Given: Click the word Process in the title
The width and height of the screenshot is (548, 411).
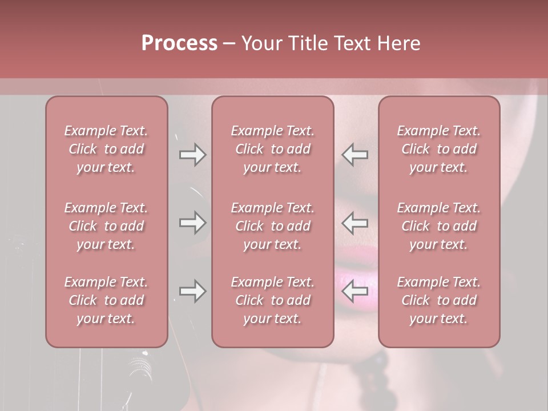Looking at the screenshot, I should click(179, 43).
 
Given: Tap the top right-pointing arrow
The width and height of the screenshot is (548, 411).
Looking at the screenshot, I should click(192, 154).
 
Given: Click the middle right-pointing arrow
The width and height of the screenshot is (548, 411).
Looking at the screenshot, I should click(192, 222).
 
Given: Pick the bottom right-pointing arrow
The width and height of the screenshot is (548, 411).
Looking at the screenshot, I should click(192, 291).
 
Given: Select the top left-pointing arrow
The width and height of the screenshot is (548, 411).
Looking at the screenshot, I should click(355, 154).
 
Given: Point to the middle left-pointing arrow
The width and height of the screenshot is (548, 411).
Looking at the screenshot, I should click(355, 222).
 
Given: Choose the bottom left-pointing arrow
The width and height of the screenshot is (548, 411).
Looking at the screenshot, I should click(355, 291).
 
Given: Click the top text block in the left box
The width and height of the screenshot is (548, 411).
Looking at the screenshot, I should click(106, 149).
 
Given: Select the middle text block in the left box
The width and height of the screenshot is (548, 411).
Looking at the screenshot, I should click(106, 226).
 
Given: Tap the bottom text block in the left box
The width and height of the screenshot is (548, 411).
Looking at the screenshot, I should click(106, 300).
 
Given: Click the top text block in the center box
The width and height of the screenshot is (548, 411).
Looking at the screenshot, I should click(273, 149).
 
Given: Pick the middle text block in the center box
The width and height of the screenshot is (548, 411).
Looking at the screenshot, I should click(273, 226).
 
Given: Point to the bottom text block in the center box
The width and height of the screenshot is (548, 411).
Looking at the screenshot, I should click(273, 300).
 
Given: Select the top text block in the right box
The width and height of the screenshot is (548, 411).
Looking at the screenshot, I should click(439, 149).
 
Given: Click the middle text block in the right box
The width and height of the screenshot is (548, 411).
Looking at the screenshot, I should click(439, 226).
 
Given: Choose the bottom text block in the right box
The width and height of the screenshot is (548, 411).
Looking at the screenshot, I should click(439, 300).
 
